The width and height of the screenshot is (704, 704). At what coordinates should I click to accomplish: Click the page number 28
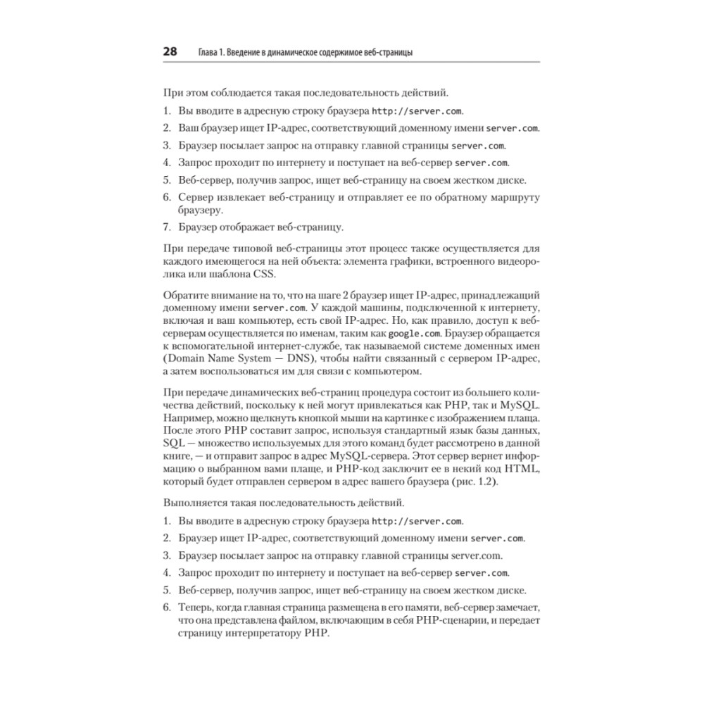(x=170, y=51)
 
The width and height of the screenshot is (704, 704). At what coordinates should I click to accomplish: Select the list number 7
(x=167, y=227)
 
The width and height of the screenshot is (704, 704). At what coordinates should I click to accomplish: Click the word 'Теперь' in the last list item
(x=196, y=606)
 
